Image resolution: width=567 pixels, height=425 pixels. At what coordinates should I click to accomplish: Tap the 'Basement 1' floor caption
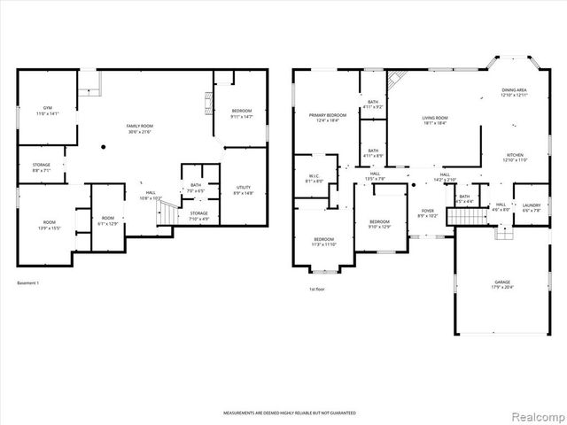coord(29,283)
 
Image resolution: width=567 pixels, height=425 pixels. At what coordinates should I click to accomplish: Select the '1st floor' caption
coord(317,290)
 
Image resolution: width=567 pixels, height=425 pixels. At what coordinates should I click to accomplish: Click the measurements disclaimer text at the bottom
coord(283,413)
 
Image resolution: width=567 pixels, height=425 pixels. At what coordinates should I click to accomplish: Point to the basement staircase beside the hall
coord(163,212)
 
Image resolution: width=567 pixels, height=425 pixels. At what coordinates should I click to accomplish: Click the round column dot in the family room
coord(104,146)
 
